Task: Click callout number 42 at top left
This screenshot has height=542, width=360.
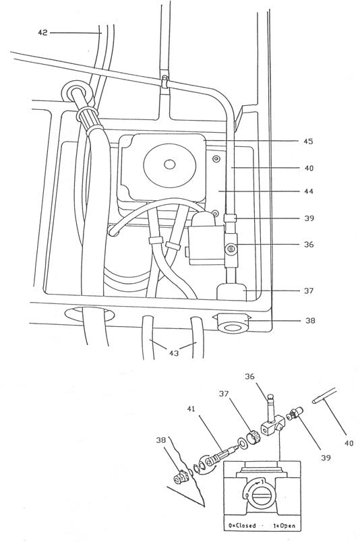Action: [42, 33]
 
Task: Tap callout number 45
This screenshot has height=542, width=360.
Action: [308, 142]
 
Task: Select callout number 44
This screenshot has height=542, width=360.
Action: [308, 191]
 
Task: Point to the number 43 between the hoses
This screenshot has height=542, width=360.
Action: [174, 353]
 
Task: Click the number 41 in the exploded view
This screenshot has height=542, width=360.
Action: [191, 409]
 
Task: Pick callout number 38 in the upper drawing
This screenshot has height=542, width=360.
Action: [310, 321]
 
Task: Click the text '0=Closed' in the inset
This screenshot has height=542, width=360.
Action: [242, 526]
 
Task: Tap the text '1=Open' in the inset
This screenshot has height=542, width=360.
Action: [284, 526]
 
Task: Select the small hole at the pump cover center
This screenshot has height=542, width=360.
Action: [169, 164]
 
